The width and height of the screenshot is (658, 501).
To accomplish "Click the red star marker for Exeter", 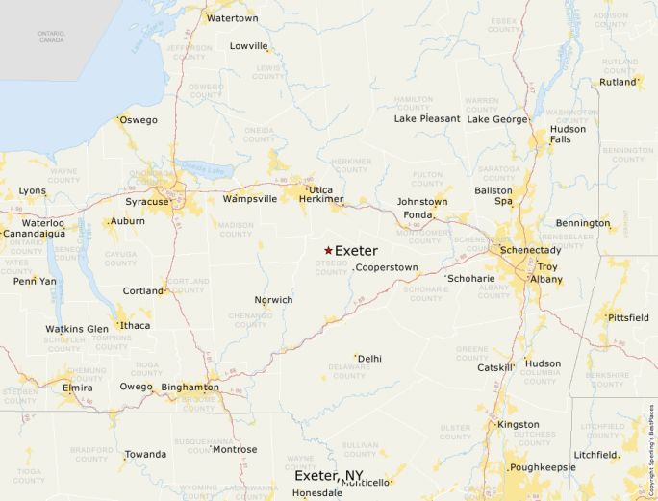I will (328, 250).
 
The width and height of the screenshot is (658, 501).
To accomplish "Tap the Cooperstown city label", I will (387, 267).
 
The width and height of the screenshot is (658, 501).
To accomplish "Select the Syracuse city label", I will (146, 202).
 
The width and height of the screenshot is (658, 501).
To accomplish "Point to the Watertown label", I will (233, 18).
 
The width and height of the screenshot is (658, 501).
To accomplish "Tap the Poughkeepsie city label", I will (543, 467).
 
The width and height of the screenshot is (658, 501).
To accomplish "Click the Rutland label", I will (618, 82).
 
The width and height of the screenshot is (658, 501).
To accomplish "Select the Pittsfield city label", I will (626, 317).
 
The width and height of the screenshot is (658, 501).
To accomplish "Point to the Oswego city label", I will (138, 120).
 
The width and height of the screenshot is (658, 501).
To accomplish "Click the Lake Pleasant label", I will (427, 119).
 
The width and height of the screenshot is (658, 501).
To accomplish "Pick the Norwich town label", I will (273, 300).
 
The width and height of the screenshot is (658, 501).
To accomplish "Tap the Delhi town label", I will (369, 359).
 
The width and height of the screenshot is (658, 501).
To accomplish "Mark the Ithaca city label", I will (135, 325).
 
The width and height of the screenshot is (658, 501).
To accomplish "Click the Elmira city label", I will (77, 388).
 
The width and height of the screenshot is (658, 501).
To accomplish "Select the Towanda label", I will (145, 454).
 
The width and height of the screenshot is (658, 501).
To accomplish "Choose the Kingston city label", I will (519, 424).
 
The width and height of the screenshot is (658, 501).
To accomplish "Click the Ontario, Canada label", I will (51, 37).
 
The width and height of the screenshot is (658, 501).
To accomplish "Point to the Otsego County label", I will (332, 267).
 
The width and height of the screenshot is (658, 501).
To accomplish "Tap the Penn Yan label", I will (34, 281).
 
